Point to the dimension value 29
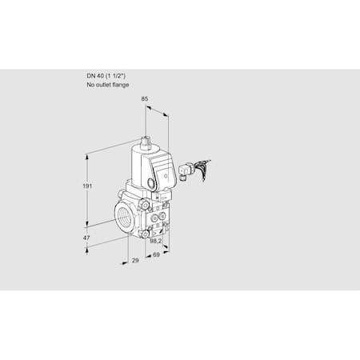135,262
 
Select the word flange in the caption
120,85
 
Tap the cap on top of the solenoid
147,142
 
